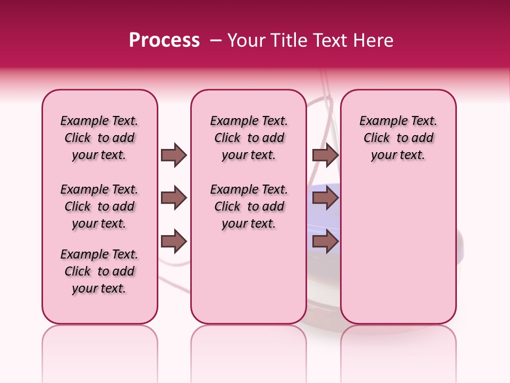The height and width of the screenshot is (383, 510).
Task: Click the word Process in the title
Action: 164,40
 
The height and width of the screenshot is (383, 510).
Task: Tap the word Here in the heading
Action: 375,40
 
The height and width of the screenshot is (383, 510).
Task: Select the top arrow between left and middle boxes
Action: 174,155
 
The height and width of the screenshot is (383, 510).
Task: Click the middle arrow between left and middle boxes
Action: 174,198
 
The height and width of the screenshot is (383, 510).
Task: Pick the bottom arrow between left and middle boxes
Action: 174,242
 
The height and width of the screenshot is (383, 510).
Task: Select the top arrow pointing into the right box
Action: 325,155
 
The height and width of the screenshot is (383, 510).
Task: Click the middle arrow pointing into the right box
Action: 325,198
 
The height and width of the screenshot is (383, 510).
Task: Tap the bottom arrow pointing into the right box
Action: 325,242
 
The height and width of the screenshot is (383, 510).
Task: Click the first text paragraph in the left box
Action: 99,138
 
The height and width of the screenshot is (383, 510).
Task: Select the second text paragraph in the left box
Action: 99,206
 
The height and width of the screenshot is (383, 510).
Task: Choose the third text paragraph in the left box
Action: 99,271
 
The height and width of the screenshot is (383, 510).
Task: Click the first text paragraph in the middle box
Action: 249,138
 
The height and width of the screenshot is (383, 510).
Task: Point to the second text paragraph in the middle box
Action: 249,206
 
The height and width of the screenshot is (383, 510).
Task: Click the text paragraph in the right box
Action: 398,138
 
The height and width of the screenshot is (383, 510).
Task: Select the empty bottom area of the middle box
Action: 249,282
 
